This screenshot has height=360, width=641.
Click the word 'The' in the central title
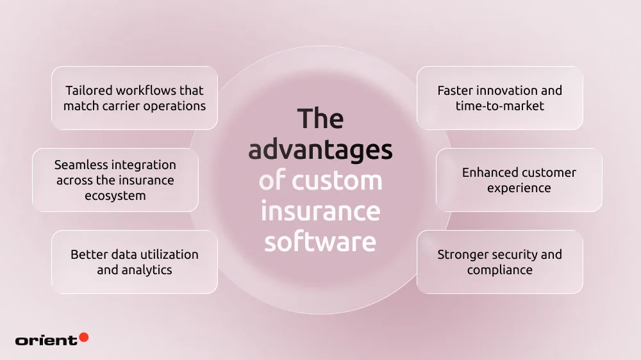tap(320, 119)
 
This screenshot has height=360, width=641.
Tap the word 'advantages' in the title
tap(320, 151)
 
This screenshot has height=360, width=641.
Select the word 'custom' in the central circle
tap(337, 181)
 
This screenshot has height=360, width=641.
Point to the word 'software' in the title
tap(320, 242)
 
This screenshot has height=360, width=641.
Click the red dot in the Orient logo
tap(83, 337)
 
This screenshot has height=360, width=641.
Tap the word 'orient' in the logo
tap(46, 340)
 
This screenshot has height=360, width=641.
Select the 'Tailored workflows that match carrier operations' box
tap(135, 98)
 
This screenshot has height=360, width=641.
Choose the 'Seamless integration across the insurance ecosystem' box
tap(115, 180)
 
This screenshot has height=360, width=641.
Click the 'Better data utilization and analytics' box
tap(135, 262)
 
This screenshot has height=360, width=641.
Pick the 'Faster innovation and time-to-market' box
tap(500, 98)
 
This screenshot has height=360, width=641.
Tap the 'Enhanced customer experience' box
tap(519, 180)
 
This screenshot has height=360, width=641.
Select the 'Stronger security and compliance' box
tap(500, 262)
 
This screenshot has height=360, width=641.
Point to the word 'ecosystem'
tap(115, 195)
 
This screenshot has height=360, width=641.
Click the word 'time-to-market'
tap(500, 106)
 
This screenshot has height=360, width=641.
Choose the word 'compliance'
tap(500, 270)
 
